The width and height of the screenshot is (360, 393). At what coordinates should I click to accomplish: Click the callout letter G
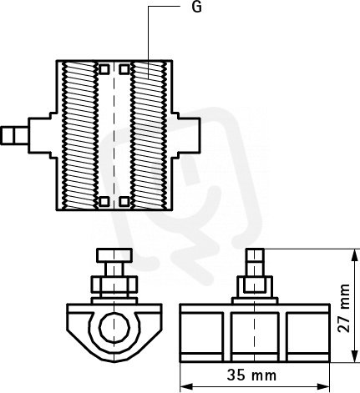point(197,7)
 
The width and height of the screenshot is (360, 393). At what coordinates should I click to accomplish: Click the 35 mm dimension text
point(251,375)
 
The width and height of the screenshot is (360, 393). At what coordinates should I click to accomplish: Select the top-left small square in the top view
point(104,69)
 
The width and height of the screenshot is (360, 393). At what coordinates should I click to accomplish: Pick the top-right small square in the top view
point(124,69)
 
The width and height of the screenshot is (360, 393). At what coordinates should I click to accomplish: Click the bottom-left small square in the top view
point(104,201)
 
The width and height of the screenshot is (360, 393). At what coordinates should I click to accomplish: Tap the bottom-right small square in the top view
point(124,201)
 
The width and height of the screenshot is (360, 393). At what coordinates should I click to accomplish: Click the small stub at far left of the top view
point(14,135)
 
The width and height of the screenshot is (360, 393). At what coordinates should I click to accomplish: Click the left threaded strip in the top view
point(80,135)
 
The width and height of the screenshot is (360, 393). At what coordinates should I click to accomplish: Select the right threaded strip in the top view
point(149,135)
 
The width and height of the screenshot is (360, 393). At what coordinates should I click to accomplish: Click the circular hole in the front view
point(114,328)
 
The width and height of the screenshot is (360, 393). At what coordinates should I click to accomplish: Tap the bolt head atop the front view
point(114,255)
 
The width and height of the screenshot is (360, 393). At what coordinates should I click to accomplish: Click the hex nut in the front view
point(114,285)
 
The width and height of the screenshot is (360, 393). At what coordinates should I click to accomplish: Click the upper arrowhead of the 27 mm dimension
point(354,255)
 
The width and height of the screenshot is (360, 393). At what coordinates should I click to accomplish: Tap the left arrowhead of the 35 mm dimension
point(186,386)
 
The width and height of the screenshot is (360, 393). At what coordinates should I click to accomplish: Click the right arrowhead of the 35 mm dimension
point(323,386)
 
